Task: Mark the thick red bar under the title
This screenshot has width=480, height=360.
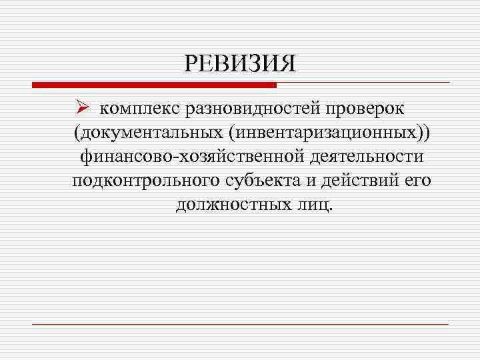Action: coord(154,85)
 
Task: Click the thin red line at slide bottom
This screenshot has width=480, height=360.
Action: coord(240,324)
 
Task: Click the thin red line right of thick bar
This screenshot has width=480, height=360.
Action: coord(363,83)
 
